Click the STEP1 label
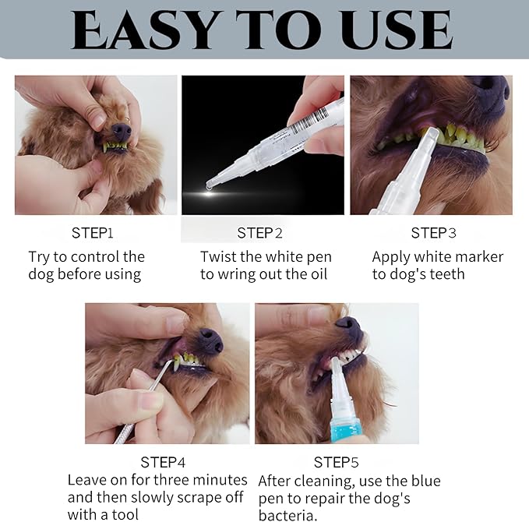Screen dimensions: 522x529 click(x=93, y=232)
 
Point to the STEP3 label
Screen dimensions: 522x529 click(x=433, y=232)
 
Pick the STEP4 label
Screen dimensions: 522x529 click(x=163, y=462)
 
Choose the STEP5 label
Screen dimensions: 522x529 click(x=336, y=462)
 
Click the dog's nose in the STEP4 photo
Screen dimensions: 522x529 click(x=209, y=340)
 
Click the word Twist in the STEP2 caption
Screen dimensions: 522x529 click(x=218, y=256)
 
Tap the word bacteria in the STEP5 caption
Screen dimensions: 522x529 click(x=286, y=515)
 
